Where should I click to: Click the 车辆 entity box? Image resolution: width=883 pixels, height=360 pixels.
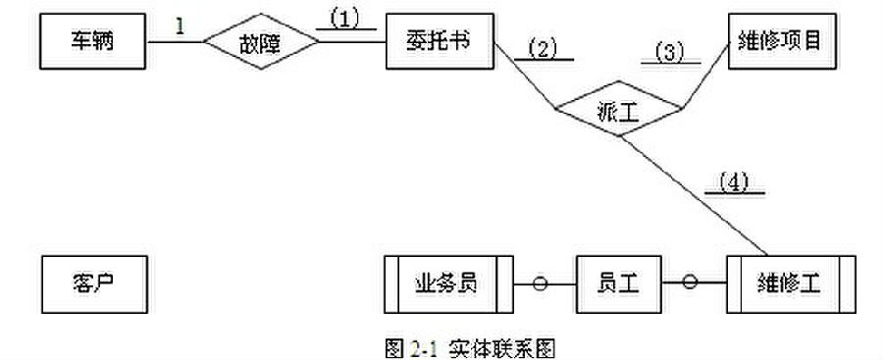coord(93,42)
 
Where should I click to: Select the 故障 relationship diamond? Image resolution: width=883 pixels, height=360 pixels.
coord(261,42)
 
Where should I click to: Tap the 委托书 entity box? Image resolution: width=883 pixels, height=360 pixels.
coord(440,42)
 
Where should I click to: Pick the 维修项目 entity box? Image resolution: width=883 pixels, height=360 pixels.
coord(780,42)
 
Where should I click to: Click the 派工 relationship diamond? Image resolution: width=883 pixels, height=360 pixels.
coord(619,109)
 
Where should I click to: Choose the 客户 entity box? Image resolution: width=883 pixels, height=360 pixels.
coord(94,284)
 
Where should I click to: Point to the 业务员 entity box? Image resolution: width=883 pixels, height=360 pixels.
coord(448,283)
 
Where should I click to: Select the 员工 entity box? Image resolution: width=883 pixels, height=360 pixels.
coord(619,283)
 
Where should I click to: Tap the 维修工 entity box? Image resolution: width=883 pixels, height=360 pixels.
coord(791,283)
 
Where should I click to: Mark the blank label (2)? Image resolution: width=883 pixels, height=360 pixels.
coord(544,51)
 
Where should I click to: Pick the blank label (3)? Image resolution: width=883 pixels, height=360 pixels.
coord(671,54)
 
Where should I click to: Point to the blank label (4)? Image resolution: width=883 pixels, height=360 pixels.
coord(735,184)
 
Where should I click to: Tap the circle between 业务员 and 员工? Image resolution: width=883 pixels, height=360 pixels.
coord(540,283)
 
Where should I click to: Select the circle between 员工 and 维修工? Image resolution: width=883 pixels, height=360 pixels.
coord(690,282)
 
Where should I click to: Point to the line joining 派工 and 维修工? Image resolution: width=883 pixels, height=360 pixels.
coord(694,195)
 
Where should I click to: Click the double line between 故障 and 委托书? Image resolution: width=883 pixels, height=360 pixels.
coord(352,41)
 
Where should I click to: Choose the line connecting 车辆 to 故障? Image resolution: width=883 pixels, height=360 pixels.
coord(175,42)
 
